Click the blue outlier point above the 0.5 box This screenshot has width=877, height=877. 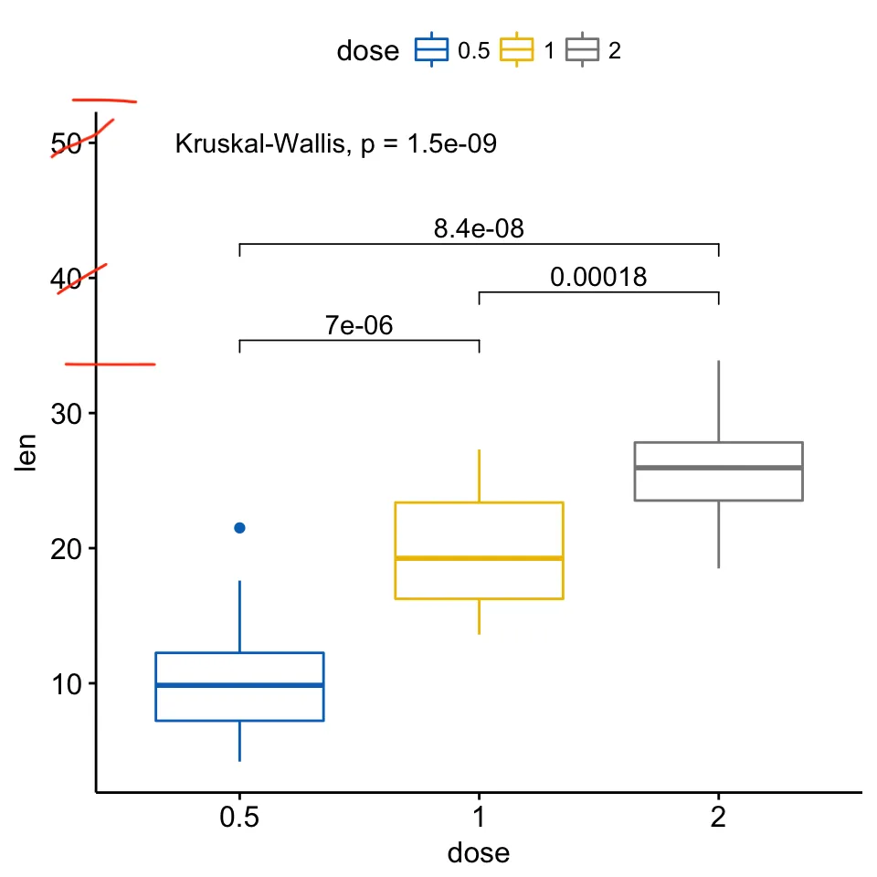pyautogui.click(x=239, y=528)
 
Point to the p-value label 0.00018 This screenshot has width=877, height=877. pyautogui.click(x=598, y=277)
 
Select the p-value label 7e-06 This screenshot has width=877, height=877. pyautogui.click(x=359, y=325)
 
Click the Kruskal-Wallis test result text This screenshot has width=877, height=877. pyautogui.click(x=335, y=143)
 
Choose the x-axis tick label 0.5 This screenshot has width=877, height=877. pyautogui.click(x=239, y=818)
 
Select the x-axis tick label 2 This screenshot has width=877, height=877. pyautogui.click(x=718, y=818)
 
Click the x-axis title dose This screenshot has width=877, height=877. pyautogui.click(x=478, y=853)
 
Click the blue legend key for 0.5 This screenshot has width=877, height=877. pyautogui.click(x=432, y=50)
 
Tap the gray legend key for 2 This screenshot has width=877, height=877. pyautogui.click(x=582, y=50)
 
